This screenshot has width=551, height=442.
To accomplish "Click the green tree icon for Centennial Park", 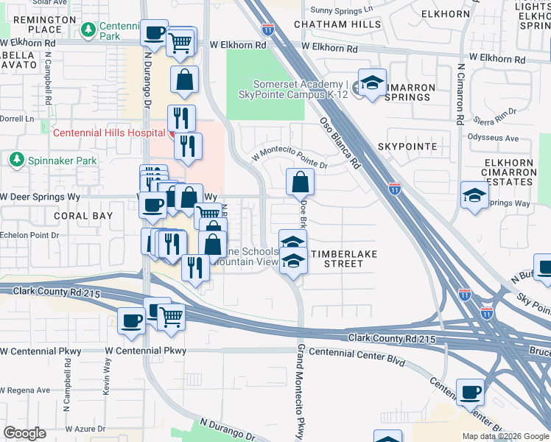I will pyautogui.click(x=88, y=29).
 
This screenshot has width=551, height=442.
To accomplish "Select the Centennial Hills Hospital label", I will pyautogui.click(x=108, y=133).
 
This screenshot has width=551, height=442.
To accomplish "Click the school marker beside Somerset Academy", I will pyautogui.click(x=373, y=83).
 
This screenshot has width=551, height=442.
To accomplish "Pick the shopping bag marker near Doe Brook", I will pyautogui.click(x=301, y=182).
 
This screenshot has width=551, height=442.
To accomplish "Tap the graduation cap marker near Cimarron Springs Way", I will pyautogui.click(x=474, y=195).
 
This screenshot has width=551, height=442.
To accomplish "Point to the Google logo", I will pyautogui.click(x=24, y=433).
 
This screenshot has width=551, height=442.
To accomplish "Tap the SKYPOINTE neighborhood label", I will pyautogui.click(x=407, y=147).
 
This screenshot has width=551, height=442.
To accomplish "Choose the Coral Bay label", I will pyautogui.click(x=83, y=216).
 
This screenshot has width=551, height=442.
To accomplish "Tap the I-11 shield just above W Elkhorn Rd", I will pyautogui.click(x=268, y=29).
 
